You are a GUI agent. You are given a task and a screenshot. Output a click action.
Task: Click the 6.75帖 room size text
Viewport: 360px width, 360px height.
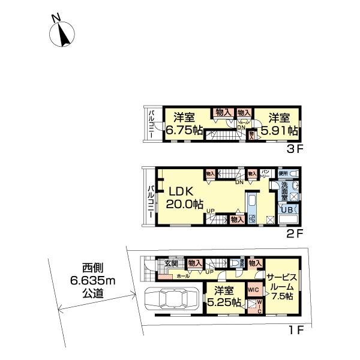tap(178, 129)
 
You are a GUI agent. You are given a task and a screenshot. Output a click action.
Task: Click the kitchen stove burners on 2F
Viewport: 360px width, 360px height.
tap(253, 218)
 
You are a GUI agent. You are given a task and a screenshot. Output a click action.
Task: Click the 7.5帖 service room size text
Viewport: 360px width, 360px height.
tap(281, 296)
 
